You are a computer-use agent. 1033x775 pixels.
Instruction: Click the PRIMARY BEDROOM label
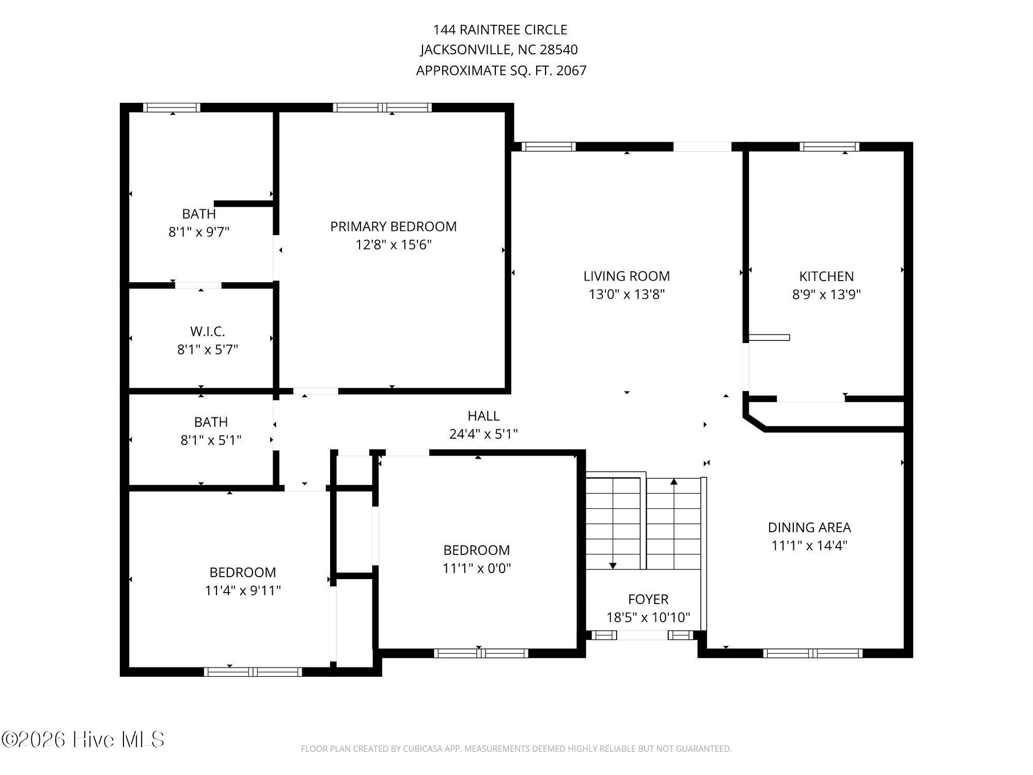click(393, 226)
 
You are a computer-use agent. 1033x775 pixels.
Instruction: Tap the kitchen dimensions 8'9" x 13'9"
click(826, 295)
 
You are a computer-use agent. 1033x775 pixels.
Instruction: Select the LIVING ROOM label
click(627, 276)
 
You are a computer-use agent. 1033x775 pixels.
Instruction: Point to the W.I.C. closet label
click(207, 331)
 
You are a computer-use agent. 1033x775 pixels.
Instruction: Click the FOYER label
click(648, 599)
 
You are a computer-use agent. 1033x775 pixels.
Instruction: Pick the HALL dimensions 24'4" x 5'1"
click(483, 434)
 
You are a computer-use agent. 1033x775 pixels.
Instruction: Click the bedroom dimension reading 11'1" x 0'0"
click(476, 568)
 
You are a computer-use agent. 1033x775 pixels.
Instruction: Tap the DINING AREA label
click(809, 528)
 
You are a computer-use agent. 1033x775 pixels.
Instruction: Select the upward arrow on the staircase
click(674, 482)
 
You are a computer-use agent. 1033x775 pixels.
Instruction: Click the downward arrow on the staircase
click(613, 566)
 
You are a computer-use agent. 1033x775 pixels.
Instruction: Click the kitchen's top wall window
click(829, 147)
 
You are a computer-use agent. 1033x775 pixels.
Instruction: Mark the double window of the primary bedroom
click(382, 107)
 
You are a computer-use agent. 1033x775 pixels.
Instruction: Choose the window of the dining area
click(812, 653)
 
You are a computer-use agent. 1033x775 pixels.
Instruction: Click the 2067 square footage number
click(571, 70)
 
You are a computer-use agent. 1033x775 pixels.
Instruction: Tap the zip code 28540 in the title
click(558, 50)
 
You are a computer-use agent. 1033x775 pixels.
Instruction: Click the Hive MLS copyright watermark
click(83, 739)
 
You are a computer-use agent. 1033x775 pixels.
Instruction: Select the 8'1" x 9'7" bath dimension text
click(199, 232)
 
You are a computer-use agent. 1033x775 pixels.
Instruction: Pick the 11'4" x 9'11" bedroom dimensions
click(242, 591)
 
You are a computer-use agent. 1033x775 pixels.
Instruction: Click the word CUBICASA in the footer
click(425, 749)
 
